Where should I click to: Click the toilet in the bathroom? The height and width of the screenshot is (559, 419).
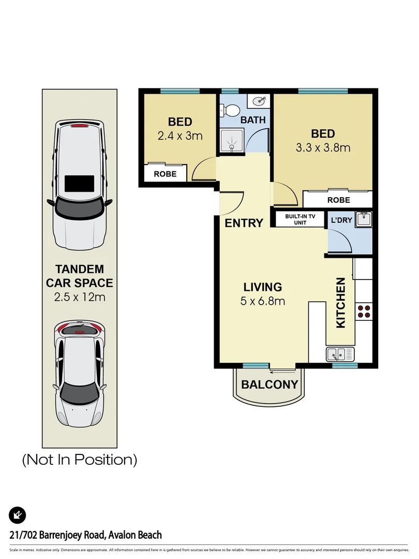point(231,110)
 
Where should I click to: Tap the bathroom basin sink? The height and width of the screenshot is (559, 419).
point(258,101)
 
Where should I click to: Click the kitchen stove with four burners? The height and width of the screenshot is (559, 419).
point(364,311)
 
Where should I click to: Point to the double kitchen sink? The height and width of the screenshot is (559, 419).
point(340,355)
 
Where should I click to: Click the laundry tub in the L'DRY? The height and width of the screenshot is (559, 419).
point(363,219)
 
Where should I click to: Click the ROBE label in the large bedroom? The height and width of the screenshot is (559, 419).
point(338,200)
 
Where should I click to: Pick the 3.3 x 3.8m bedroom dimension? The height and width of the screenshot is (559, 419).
point(323,148)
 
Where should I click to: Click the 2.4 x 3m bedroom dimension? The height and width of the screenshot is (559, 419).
point(180,136)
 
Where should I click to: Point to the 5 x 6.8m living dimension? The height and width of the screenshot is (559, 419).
point(263,301)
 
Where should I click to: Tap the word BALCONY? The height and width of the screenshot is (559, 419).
point(270,385)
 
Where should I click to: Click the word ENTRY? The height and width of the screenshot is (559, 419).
point(244,223)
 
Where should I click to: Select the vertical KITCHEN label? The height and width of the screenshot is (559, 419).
point(341,303)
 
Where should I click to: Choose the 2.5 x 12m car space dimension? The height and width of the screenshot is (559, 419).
point(79,297)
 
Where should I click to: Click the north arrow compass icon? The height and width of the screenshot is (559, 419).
point(18,515)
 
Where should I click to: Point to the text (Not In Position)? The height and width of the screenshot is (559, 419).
point(79,459)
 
